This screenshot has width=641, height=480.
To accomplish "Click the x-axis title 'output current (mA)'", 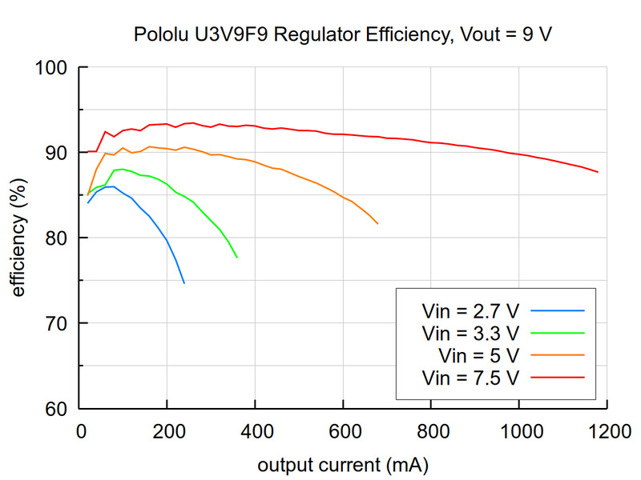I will [342, 465].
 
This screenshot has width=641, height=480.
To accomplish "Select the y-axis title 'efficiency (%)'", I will [18, 238].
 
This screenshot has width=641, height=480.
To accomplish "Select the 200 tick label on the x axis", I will [167, 431].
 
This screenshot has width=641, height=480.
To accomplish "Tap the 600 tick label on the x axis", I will [343, 431].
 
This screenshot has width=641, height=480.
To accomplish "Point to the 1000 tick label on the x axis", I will [518, 431].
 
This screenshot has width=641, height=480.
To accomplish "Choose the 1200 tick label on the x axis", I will [607, 431].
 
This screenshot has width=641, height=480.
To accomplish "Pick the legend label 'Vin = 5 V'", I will [479, 354].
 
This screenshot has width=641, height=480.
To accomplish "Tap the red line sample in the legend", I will [558, 375].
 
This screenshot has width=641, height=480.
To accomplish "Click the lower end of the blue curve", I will [184, 283].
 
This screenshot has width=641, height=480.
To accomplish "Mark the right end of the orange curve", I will [377, 223].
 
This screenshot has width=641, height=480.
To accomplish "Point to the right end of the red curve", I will [598, 172].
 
